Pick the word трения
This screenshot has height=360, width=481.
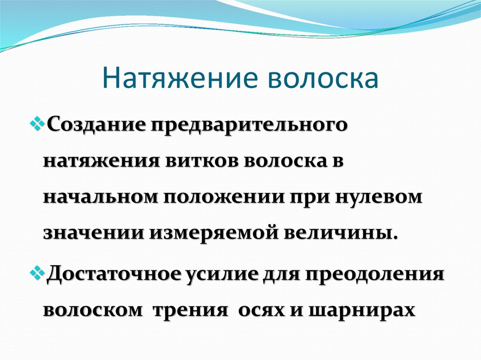coord(188,310)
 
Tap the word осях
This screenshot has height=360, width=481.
coord(256,310)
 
